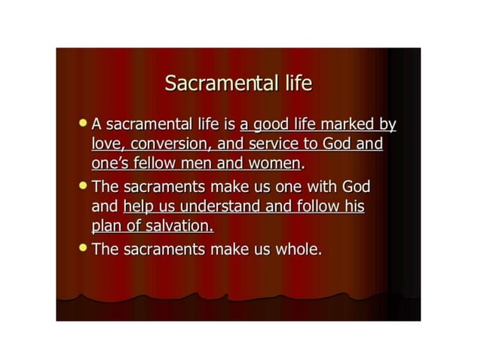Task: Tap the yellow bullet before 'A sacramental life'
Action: click(x=82, y=121)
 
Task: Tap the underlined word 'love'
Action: click(x=107, y=144)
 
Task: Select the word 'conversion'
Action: click(x=171, y=144)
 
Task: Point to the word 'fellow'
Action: click(x=158, y=163)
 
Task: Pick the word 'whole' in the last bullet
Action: click(x=297, y=249)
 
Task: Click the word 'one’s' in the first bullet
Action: click(x=110, y=163)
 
